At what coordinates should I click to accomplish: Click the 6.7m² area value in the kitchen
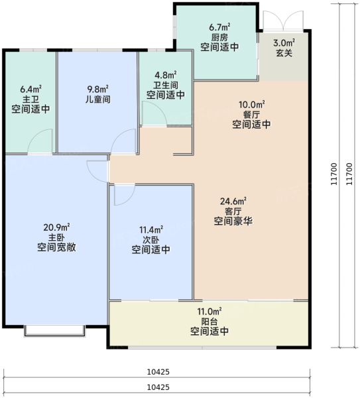[x=219, y=27]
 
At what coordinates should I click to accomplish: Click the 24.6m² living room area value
[x=233, y=201]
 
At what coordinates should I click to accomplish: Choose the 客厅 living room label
[x=233, y=211]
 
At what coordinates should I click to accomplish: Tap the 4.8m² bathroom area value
[x=166, y=75]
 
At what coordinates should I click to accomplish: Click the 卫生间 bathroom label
[x=166, y=85]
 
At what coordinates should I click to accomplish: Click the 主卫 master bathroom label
[x=30, y=99]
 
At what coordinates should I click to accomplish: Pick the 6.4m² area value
[x=30, y=89]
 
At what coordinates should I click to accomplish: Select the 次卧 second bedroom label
[x=150, y=239]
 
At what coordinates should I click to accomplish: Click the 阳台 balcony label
[x=210, y=321]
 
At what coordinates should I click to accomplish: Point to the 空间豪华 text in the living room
[x=233, y=222]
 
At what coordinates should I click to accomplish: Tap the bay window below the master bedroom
[x=54, y=329]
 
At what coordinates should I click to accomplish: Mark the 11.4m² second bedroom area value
[x=150, y=230]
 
